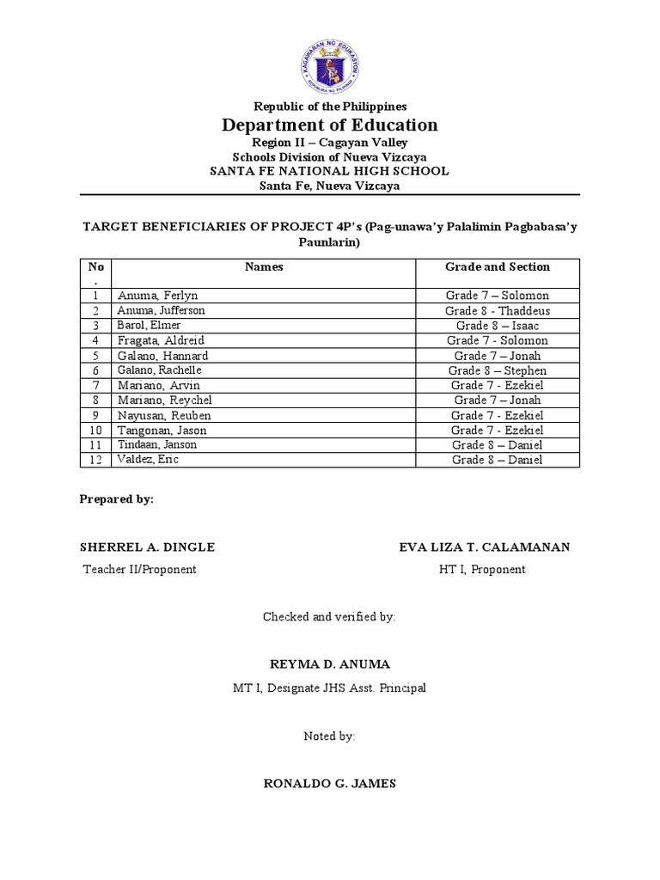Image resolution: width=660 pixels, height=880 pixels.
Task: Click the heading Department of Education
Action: tap(330, 125)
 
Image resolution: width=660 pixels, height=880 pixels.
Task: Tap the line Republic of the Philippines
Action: tap(330, 107)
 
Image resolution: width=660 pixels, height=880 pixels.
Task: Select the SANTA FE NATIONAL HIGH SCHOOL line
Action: tap(330, 171)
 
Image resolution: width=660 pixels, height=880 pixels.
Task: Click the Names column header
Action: tap(264, 267)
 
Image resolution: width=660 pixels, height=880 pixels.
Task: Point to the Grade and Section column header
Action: tap(498, 267)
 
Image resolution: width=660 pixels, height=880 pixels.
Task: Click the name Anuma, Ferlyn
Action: tap(158, 296)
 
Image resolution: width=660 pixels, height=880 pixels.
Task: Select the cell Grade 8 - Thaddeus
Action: tap(498, 310)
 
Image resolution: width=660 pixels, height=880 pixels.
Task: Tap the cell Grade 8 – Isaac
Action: tap(498, 326)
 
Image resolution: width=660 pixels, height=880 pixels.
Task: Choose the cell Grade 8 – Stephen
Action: tap(498, 370)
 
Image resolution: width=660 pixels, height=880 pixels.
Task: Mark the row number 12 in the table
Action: tap(96, 460)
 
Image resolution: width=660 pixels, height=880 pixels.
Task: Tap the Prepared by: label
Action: tap(116, 499)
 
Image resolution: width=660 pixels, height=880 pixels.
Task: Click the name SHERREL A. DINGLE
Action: tap(147, 547)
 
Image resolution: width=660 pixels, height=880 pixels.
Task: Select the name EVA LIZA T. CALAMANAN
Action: tap(485, 547)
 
